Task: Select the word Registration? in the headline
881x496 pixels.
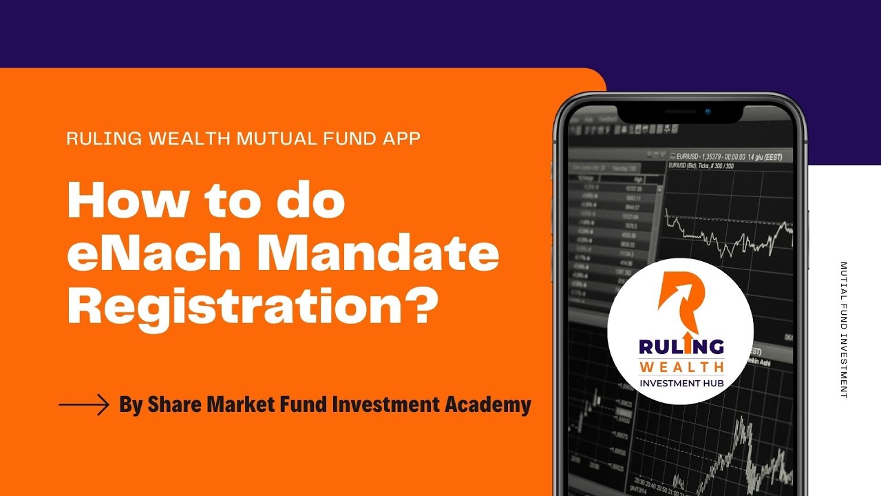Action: [x=253, y=307]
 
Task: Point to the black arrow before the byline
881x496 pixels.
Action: [x=84, y=404]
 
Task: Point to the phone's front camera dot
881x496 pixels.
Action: [x=706, y=111]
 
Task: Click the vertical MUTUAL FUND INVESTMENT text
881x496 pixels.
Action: [x=844, y=329]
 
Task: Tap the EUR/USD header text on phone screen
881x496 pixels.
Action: [x=730, y=156]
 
